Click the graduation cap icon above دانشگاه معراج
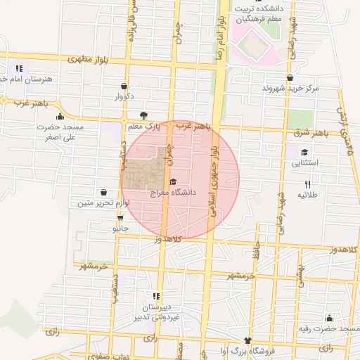click(x=174, y=181)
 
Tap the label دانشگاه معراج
click(x=174, y=191)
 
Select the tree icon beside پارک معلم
click(x=144, y=115)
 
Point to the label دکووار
click(x=124, y=96)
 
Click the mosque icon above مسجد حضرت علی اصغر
click(x=60, y=117)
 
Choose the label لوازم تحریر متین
click(x=104, y=203)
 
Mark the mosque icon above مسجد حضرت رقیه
click(x=329, y=319)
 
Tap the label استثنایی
click(x=305, y=162)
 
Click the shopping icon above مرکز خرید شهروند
click(x=290, y=78)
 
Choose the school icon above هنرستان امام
click(x=19, y=69)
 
